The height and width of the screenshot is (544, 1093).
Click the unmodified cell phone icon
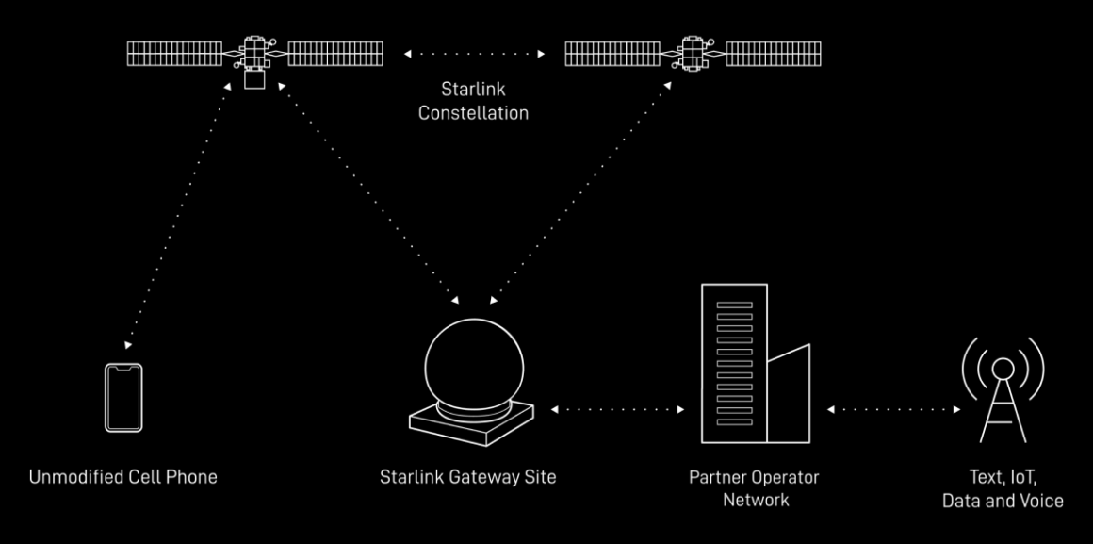(123, 397)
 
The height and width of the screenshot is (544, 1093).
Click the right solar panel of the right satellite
(773, 54)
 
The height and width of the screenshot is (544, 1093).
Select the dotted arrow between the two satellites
(474, 54)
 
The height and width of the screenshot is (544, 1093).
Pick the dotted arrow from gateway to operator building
(617, 410)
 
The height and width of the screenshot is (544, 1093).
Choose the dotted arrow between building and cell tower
(893, 410)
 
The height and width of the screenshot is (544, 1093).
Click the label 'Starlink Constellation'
(473, 101)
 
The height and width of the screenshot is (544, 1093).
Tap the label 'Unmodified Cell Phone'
(123, 476)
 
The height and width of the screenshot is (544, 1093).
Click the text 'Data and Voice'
(1003, 500)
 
